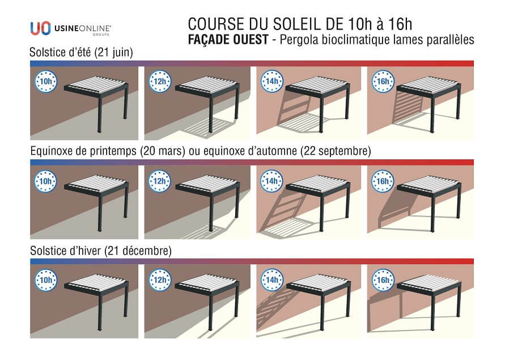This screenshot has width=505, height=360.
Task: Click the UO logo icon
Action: pyautogui.click(x=41, y=28)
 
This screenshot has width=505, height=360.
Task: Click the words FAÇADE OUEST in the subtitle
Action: pyautogui.click(x=228, y=40)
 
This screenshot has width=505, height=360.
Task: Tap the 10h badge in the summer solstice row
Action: pyautogui.click(x=46, y=81)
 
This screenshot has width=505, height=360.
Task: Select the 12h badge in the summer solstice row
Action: pyautogui.click(x=160, y=81)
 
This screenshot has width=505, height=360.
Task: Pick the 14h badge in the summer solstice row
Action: pyautogui.click(x=272, y=81)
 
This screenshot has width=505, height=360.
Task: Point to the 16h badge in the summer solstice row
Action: pyautogui.click(x=383, y=81)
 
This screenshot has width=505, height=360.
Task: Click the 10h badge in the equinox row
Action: pyautogui.click(x=45, y=181)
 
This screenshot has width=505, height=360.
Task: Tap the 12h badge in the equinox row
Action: pyautogui.click(x=160, y=181)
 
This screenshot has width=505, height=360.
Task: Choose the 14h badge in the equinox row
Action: pyautogui.click(x=272, y=181)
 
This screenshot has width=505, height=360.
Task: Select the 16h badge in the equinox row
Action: pyautogui.click(x=383, y=181)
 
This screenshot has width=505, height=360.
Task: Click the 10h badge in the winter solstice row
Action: pyautogui.click(x=46, y=280)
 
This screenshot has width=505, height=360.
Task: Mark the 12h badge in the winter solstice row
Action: pyautogui.click(x=160, y=280)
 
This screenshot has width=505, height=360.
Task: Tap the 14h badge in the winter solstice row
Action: pyautogui.click(x=272, y=280)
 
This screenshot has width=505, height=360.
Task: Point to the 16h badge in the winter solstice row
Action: pyautogui.click(x=383, y=280)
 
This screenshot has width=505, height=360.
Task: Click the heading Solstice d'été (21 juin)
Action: pyautogui.click(x=81, y=52)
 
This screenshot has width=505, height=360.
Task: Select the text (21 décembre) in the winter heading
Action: pyautogui.click(x=138, y=251)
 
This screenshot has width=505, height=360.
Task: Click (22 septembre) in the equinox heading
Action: pyautogui.click(x=336, y=151)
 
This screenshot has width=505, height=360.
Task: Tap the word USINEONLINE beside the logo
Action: pyautogui.click(x=83, y=28)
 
